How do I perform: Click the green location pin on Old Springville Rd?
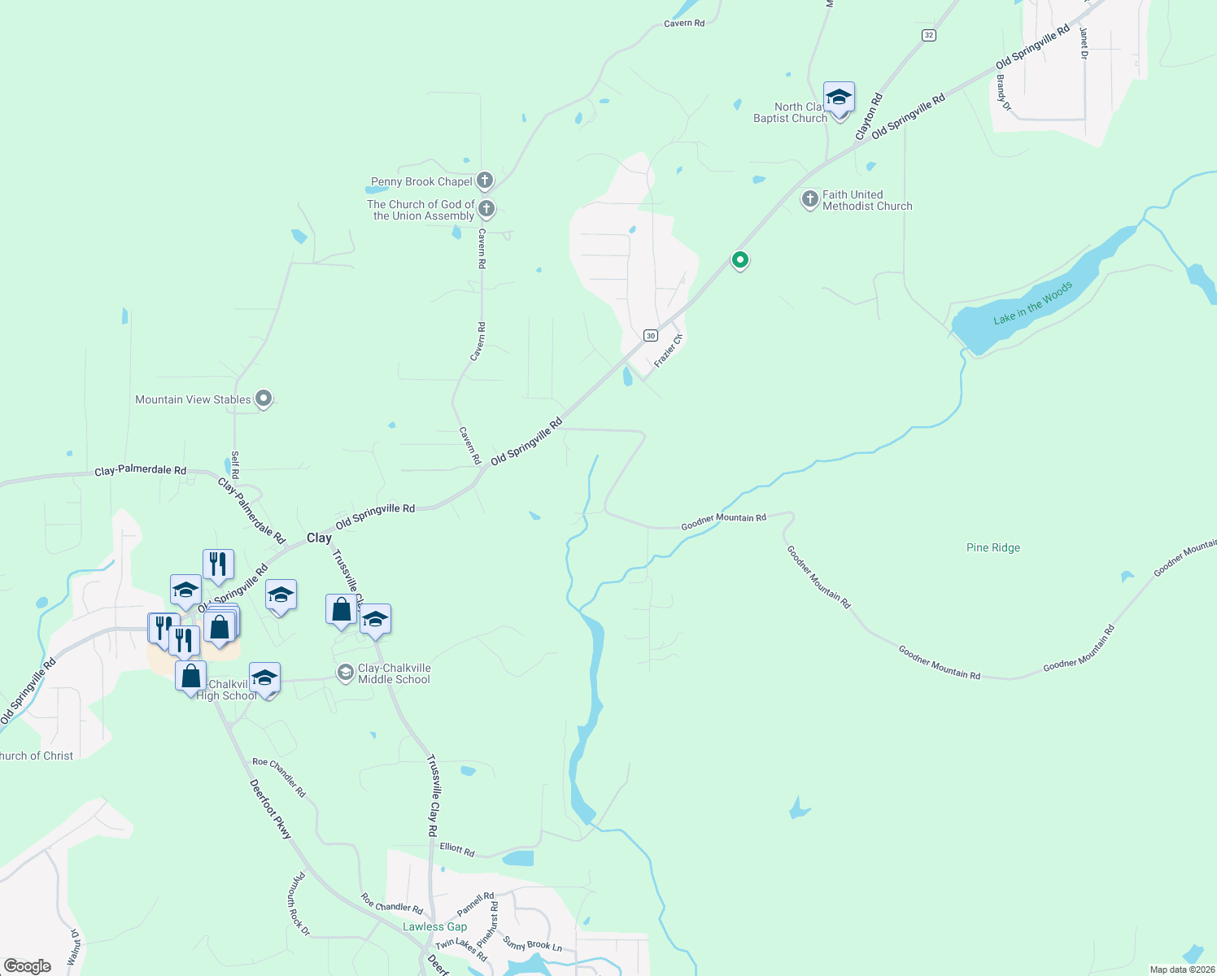click(x=739, y=260)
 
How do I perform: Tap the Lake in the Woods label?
click(x=1032, y=303)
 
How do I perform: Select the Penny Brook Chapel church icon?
click(x=485, y=181)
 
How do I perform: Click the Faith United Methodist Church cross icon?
click(x=809, y=198)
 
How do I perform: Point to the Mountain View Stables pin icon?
click(x=264, y=399)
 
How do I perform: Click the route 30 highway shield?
click(x=650, y=335)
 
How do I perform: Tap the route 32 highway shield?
click(x=929, y=35)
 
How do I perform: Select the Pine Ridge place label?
click(x=992, y=547)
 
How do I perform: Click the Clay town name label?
click(x=319, y=538)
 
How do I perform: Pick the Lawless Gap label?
click(x=434, y=926)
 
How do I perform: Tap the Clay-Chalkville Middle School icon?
click(x=345, y=672)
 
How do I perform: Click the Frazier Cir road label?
click(x=668, y=350)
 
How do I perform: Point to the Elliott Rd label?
click(x=456, y=849)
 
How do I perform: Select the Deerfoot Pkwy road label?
click(x=270, y=809)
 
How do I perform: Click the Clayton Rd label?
click(x=869, y=117)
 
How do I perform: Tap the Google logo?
click(x=28, y=965)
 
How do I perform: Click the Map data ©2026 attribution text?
click(x=1181, y=969)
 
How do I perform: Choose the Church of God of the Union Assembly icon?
click(x=486, y=209)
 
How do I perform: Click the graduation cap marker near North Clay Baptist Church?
click(x=839, y=98)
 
